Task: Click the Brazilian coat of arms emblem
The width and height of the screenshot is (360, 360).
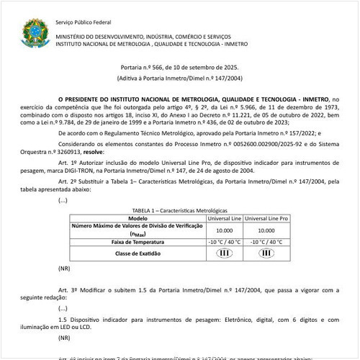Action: click(x=34, y=32)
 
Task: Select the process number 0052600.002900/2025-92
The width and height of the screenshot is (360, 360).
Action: click(x=263, y=145)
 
